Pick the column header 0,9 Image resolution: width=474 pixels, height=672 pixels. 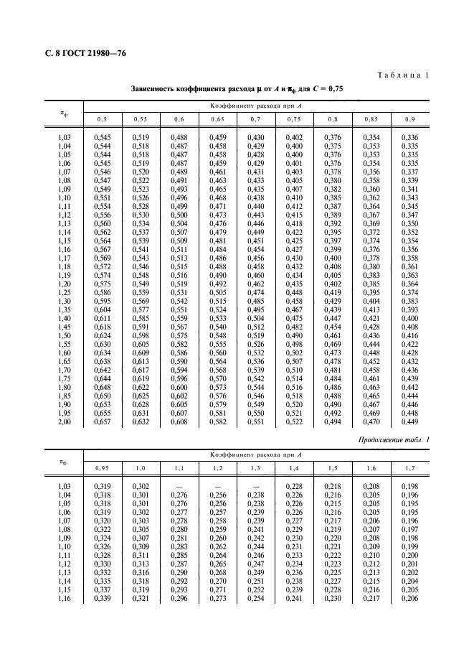(x=409, y=118)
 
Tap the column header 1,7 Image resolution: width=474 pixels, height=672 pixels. (x=409, y=469)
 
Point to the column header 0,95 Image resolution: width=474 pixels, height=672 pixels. (x=103, y=469)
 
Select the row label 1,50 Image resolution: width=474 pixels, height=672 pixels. (x=65, y=335)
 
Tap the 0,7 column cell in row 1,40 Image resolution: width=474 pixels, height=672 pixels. (x=256, y=317)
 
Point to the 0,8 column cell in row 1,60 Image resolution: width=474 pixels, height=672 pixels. (x=333, y=353)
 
